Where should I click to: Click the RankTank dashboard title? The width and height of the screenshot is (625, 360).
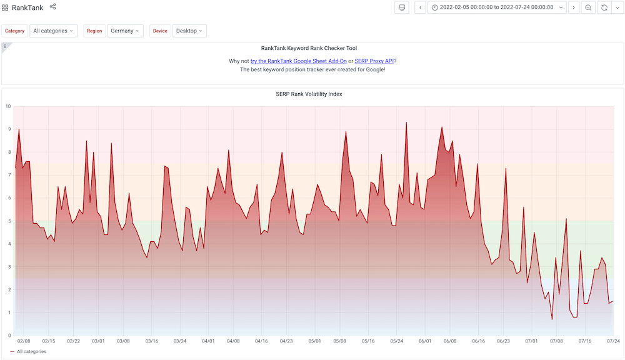[x=27, y=7]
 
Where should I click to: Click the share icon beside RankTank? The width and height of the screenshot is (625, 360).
[x=52, y=7]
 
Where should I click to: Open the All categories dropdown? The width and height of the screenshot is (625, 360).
[x=53, y=31]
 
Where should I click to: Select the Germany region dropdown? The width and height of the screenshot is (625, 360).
[x=125, y=31]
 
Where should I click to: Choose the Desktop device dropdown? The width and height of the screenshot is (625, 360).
[x=189, y=31]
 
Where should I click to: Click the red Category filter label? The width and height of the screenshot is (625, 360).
[x=15, y=31]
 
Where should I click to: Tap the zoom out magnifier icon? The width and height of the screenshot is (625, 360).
[x=587, y=7]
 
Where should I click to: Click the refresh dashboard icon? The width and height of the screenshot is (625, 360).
[x=604, y=7]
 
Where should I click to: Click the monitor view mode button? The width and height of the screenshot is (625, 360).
[x=402, y=7]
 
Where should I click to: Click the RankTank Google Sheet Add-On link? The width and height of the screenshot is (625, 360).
[x=298, y=61]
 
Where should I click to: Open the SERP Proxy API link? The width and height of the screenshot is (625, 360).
[x=374, y=61]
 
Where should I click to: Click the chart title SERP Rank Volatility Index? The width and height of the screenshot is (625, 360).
[x=309, y=94]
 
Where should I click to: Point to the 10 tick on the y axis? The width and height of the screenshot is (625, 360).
[x=8, y=106]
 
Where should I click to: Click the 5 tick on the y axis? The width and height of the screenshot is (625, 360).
[x=9, y=221]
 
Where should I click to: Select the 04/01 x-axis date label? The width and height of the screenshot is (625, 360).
[x=209, y=341]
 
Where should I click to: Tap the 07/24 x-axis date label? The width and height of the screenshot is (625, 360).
[x=613, y=341]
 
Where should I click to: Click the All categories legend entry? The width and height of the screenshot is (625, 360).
[x=31, y=352]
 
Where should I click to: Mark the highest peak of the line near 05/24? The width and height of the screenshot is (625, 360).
[x=406, y=122]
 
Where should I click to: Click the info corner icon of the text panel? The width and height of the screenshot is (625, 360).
[x=5, y=46]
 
